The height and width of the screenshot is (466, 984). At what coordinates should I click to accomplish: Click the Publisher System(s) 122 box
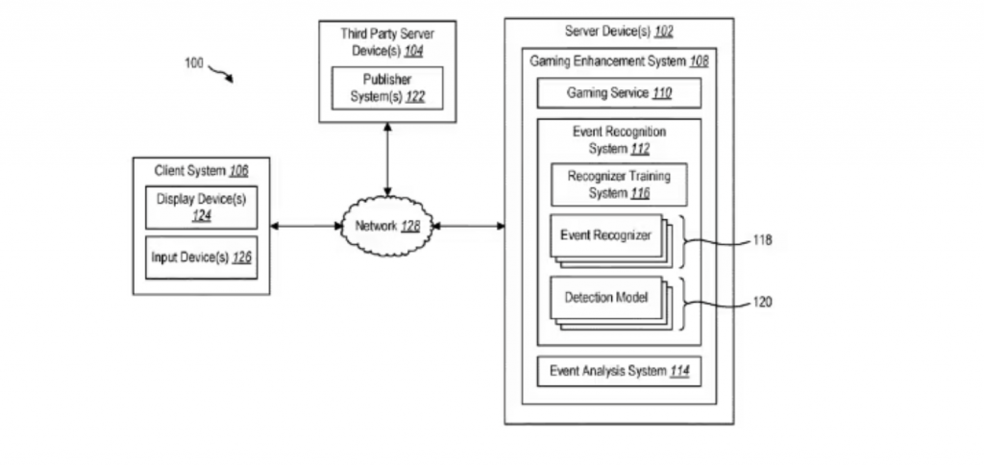pos(387,88)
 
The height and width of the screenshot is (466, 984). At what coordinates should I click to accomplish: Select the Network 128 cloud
pos(387,227)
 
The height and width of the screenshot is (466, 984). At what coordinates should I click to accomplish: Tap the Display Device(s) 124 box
pos(202,208)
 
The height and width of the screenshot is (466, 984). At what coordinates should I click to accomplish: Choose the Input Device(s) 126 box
pos(202,258)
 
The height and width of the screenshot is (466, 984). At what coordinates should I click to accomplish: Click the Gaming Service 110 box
pos(619,93)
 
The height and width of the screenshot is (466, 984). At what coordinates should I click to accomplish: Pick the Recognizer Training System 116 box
pos(619,185)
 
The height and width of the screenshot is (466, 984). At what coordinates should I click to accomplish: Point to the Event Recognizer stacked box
pos(611,241)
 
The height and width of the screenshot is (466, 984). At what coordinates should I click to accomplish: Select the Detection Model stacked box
pos(611,303)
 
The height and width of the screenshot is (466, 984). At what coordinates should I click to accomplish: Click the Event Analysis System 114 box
pos(619,371)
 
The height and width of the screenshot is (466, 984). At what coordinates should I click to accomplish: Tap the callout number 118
pos(762,240)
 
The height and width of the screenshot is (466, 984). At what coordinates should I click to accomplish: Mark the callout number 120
pos(762,303)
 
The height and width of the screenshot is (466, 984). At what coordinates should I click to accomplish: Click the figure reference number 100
pos(194,62)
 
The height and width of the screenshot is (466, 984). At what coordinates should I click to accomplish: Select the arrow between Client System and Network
pos(306,226)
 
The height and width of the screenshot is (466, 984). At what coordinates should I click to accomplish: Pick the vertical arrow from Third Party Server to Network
pos(387,159)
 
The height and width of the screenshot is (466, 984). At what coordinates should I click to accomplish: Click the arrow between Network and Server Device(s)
pos(469,226)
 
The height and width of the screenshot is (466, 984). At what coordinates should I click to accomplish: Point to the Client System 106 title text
pos(202,171)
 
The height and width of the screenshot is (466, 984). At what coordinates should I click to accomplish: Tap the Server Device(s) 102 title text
pos(619,32)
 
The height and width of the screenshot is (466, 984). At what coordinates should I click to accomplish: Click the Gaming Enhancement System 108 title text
pos(619,61)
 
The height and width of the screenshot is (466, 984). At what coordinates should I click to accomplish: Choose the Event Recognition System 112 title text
pos(620,140)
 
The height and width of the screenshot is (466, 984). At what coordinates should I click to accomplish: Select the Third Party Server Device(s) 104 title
pos(387,42)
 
